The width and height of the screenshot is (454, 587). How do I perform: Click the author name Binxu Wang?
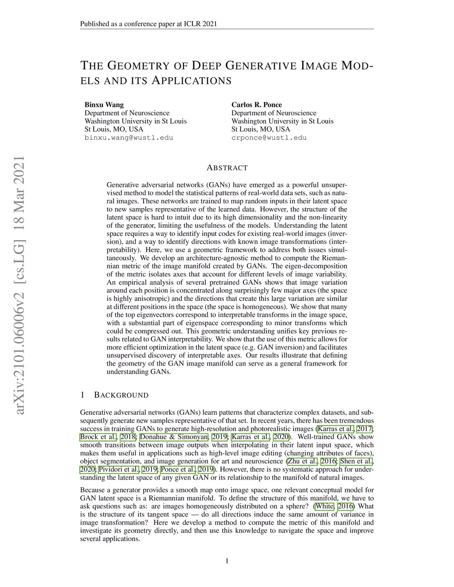pyautogui.click(x=104, y=105)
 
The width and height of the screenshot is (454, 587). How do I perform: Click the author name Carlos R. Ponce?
pyautogui.click(x=256, y=105)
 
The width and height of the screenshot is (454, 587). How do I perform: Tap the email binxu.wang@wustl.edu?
pyautogui.click(x=129, y=138)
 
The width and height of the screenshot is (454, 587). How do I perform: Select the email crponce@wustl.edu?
pyautogui.click(x=269, y=138)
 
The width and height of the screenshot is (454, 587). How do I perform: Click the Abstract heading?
pyautogui.click(x=227, y=168)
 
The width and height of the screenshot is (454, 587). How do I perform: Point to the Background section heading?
pyautogui.click(x=121, y=395)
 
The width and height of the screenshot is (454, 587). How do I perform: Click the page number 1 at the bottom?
pyautogui.click(x=227, y=561)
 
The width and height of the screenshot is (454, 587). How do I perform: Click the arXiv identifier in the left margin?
pyautogui.click(x=20, y=286)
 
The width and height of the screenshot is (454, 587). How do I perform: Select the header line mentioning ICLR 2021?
pyautogui.click(x=149, y=24)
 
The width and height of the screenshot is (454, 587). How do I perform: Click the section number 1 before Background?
pyautogui.click(x=82, y=395)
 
